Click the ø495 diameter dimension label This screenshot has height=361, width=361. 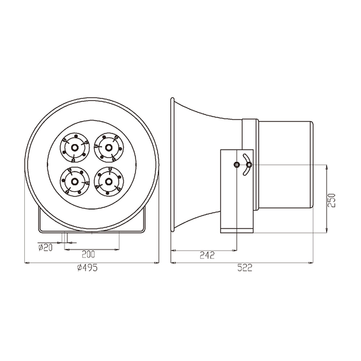coord(87,268)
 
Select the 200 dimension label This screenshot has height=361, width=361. coord(88,254)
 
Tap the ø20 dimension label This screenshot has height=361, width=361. coord(45,248)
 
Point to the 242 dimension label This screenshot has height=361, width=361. coord(207,255)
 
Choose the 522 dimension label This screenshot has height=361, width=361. coord(245,268)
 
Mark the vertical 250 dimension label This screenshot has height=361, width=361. coord(332,200)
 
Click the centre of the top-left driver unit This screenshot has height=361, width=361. coord(74,147)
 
